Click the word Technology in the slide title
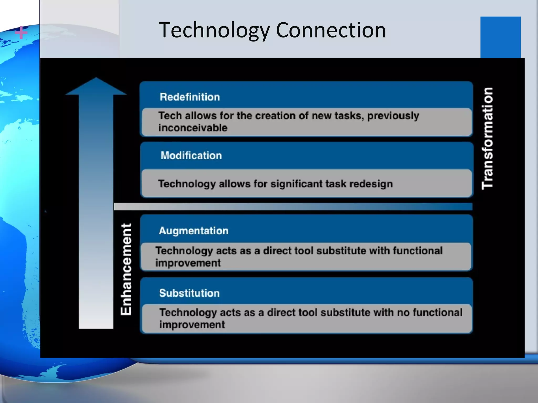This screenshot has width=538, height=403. (214, 30)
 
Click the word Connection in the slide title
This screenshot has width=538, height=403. (331, 30)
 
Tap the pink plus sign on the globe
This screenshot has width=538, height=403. (21, 33)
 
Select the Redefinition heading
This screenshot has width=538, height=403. (190, 97)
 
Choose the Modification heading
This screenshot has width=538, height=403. (191, 156)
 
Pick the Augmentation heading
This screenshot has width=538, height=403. (194, 231)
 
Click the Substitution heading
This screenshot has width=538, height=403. (189, 293)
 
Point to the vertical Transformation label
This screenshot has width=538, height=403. (488, 139)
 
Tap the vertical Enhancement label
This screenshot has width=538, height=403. (126, 269)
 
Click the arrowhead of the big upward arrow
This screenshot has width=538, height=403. (96, 87)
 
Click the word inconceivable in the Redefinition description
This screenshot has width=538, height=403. (193, 128)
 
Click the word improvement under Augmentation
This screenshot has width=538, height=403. (188, 263)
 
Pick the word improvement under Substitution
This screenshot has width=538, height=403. (192, 325)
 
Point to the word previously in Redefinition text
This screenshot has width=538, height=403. (393, 116)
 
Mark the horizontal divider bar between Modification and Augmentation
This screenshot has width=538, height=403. (293, 206)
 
